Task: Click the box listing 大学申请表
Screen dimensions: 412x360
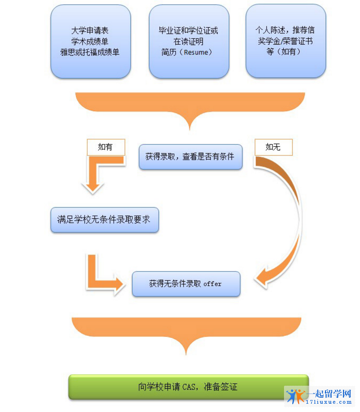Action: point(90,41)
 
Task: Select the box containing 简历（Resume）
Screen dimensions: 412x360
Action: point(189,41)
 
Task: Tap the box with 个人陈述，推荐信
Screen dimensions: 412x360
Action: point(285,41)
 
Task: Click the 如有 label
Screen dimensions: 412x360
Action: point(105,147)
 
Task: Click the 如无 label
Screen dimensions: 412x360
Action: point(273,147)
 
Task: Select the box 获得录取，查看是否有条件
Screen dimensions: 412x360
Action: point(190,157)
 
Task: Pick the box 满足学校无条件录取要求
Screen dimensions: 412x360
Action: point(104,220)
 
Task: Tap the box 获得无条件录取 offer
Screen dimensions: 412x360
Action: point(186,284)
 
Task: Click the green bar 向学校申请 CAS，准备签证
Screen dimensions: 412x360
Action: point(188,387)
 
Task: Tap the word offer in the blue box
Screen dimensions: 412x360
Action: point(212,284)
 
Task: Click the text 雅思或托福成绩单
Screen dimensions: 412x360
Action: point(90,52)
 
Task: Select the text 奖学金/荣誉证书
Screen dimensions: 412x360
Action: point(285,41)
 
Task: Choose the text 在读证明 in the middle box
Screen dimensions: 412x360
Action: point(189,41)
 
